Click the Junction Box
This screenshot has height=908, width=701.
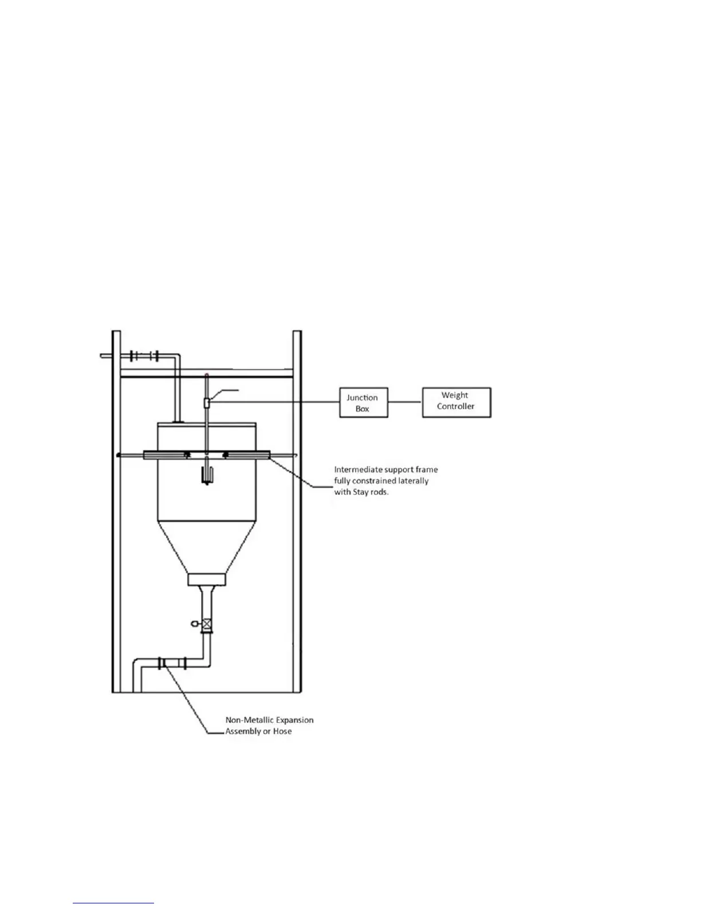[x=363, y=402]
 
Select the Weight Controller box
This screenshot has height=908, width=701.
[x=456, y=402]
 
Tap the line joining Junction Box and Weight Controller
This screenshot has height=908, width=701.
[x=405, y=402]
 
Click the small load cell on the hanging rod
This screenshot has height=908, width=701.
[x=207, y=403]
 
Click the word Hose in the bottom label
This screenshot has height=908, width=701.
[x=282, y=731]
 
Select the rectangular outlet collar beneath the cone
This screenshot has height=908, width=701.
[x=207, y=580]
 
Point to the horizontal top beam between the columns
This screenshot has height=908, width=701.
[x=207, y=374]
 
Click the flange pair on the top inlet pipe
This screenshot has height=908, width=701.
[x=143, y=356]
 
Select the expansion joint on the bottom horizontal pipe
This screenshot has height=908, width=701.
[x=163, y=663]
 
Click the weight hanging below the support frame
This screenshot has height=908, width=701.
[x=207, y=475]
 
